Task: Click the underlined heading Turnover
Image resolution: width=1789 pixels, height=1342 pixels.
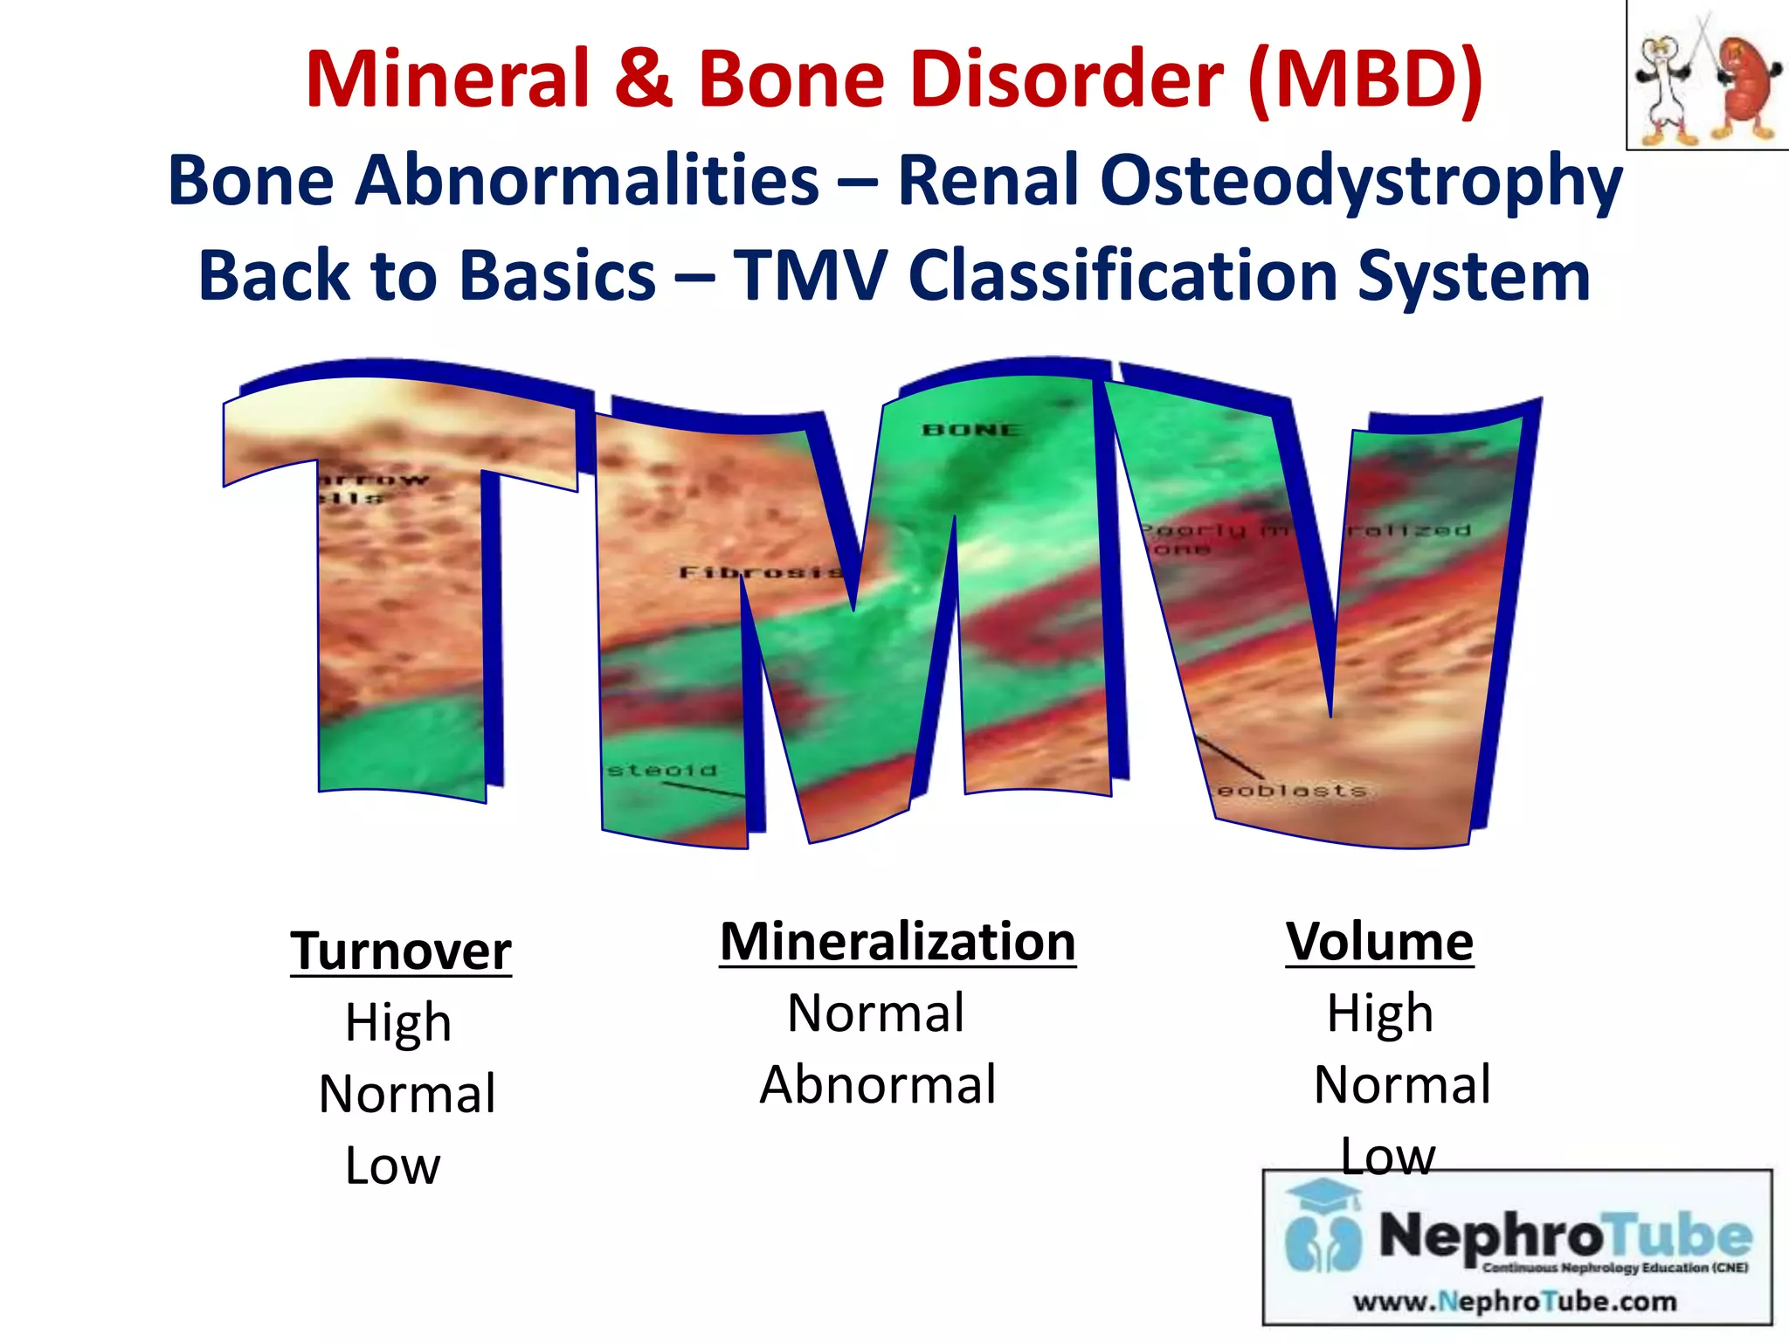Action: coord(401,951)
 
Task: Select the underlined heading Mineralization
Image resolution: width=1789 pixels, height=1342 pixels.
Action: coord(897,942)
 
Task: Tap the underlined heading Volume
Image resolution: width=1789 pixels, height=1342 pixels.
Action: coord(1379,942)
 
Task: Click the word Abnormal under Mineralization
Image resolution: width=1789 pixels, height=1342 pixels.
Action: coord(878,1085)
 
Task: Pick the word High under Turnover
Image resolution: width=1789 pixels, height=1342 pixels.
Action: coord(398,1022)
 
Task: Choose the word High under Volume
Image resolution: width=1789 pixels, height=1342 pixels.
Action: coord(1380,1013)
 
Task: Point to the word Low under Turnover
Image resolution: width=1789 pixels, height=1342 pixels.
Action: coord(393,1166)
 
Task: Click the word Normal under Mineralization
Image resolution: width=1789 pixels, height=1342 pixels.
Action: coord(876,1013)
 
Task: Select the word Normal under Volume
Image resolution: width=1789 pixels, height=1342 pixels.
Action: coord(1402,1085)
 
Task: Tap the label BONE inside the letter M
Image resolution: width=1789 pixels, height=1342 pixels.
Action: coord(971,430)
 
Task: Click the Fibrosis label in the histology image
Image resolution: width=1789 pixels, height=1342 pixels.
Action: coord(760,572)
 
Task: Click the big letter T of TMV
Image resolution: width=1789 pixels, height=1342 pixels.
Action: coord(402,594)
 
